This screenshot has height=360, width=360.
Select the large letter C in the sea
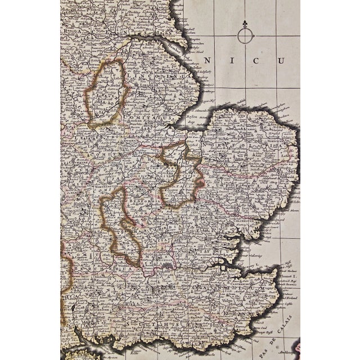tap(255, 60)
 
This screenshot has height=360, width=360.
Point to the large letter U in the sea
tap(279, 60)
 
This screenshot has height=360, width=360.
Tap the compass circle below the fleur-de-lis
tap(245, 36)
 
